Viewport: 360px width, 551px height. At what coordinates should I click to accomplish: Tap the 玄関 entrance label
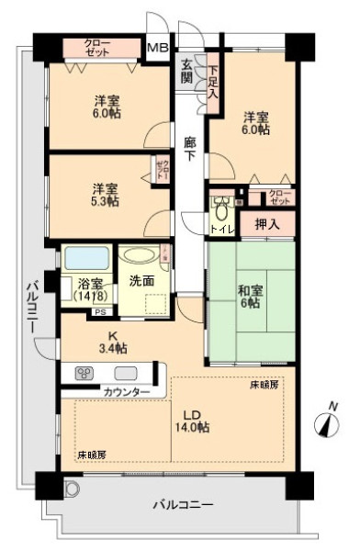coord(187,71)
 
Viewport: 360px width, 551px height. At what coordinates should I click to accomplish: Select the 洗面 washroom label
coord(142,280)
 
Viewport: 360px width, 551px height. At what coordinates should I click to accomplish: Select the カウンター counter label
coord(128,392)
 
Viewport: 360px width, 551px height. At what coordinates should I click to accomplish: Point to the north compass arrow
coord(326,422)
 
